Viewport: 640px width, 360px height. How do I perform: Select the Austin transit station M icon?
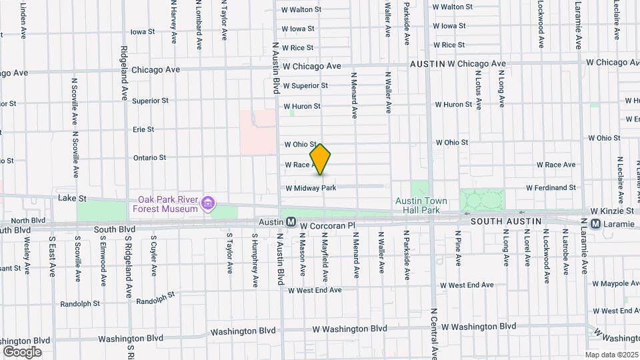coord(291,221)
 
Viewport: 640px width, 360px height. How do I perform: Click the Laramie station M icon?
coord(595,223)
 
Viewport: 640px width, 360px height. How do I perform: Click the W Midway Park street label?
coord(311,188)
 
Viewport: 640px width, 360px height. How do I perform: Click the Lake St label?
coord(68,198)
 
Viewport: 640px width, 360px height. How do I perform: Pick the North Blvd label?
coord(28,220)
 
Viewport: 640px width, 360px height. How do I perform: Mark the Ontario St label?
coord(149,157)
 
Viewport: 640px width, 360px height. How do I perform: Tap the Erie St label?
coord(143,129)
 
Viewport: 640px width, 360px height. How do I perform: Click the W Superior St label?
coord(305,85)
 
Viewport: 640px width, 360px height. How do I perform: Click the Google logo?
coord(22,351)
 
